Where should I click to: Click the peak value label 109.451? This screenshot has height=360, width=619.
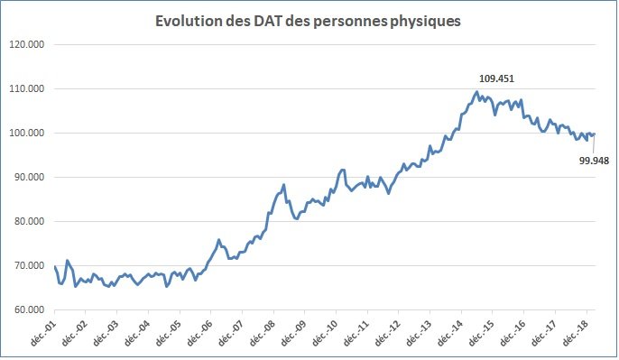coord(495,78)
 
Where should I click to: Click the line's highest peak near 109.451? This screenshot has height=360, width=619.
coord(476,91)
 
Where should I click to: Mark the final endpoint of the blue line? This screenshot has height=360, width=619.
coord(595,134)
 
